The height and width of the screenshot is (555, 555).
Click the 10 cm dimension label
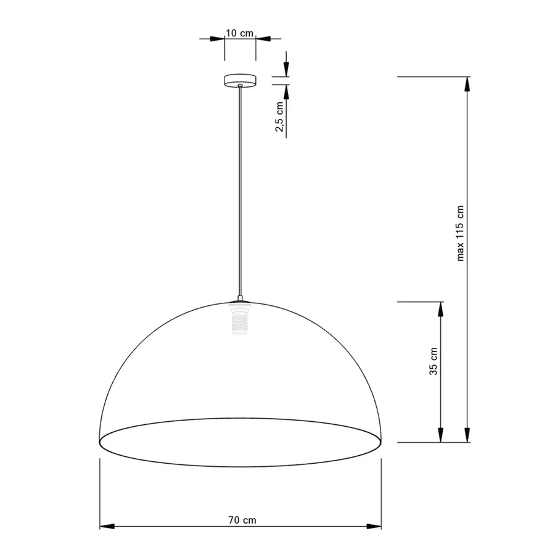240,33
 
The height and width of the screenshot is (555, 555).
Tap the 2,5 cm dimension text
279,117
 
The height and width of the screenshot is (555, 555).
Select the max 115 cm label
460,233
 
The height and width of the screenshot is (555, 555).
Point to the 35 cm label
434,361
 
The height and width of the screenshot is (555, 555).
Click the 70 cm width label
242,520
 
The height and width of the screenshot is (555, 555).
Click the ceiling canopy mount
240,80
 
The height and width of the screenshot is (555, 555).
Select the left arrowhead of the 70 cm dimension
107,527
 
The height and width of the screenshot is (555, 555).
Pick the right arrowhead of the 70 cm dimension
374,527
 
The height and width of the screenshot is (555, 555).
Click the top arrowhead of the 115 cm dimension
467,84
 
